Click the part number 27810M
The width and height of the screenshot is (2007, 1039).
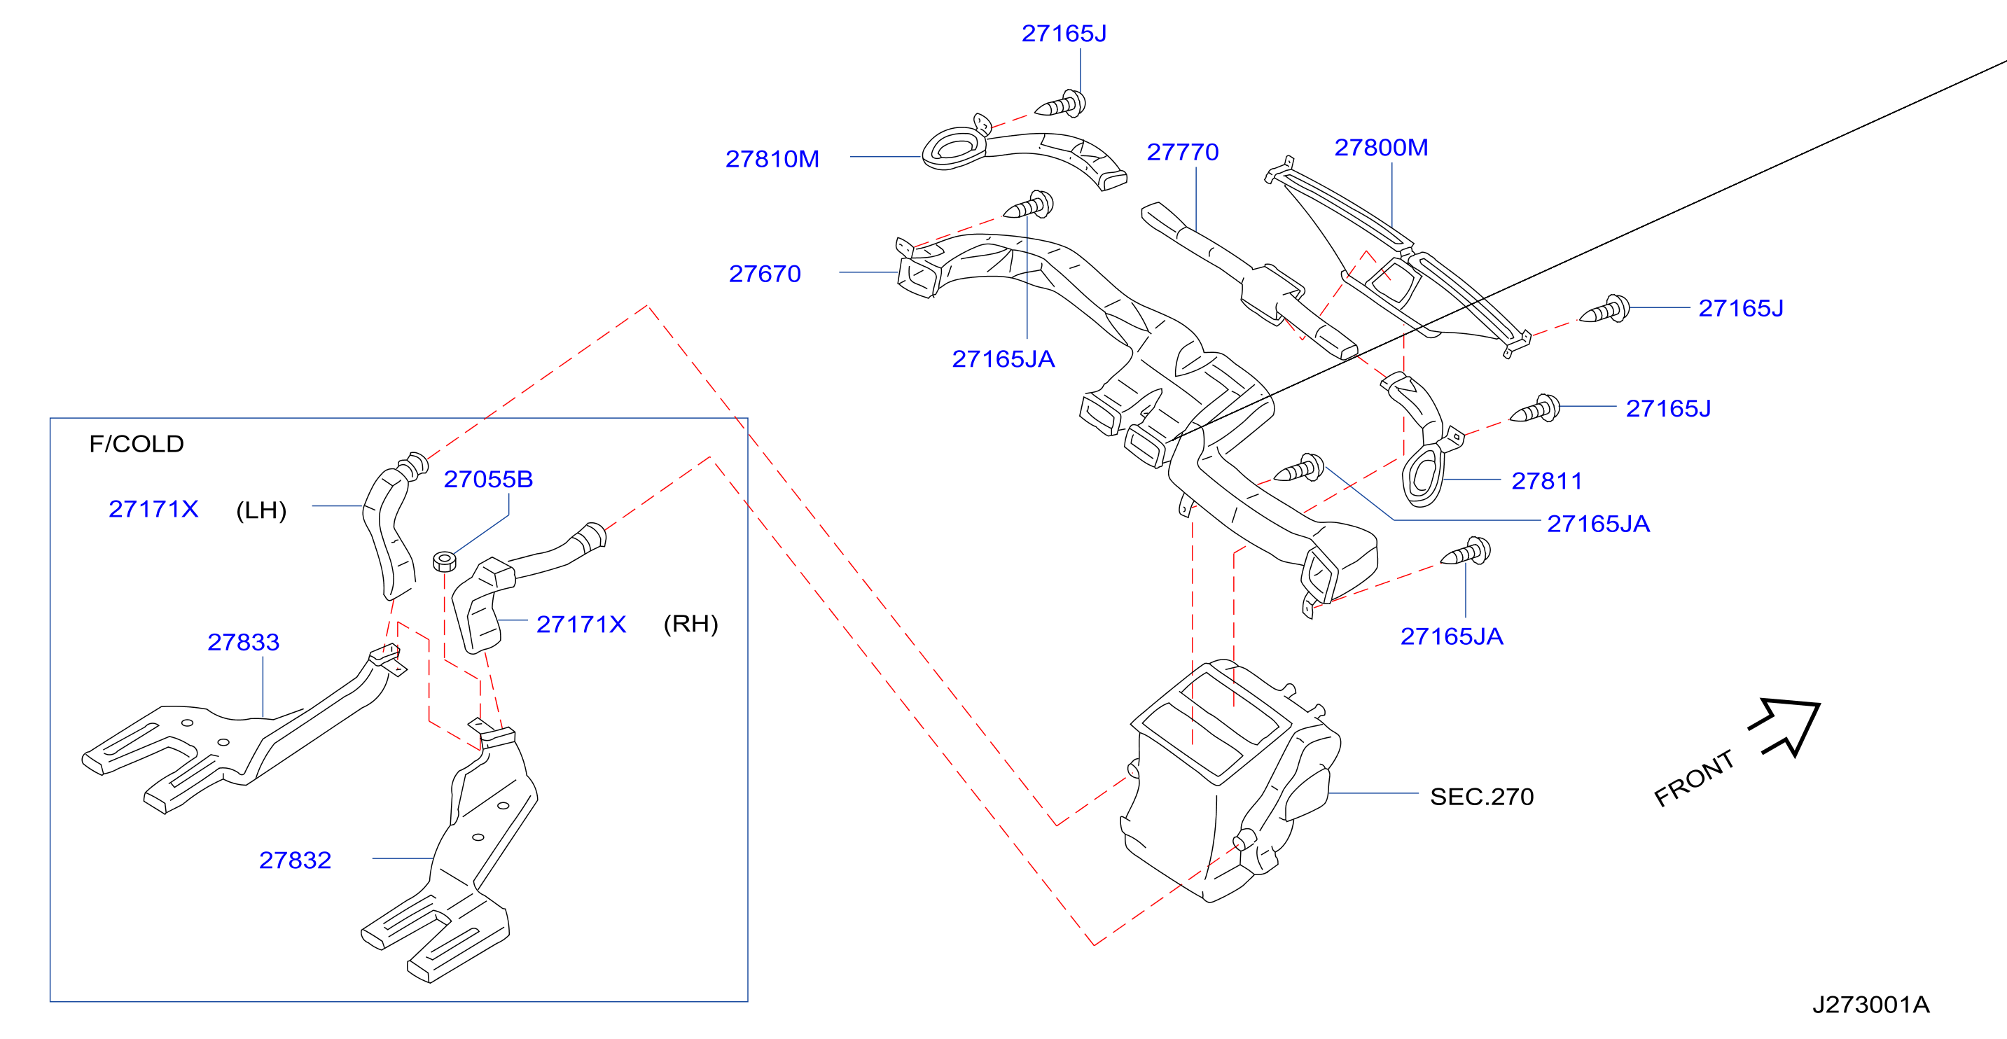[772, 159]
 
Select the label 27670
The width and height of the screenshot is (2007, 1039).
[764, 273]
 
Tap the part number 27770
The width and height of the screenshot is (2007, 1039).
[1182, 152]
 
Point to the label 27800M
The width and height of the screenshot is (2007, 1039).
[1380, 147]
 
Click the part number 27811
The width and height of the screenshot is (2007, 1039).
[1546, 480]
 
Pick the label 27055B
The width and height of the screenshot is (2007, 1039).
[487, 479]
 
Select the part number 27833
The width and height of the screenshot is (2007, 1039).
[243, 642]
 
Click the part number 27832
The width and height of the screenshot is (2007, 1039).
[295, 860]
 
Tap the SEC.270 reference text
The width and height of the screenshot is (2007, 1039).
[1481, 797]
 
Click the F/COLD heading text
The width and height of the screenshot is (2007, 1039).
[137, 444]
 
